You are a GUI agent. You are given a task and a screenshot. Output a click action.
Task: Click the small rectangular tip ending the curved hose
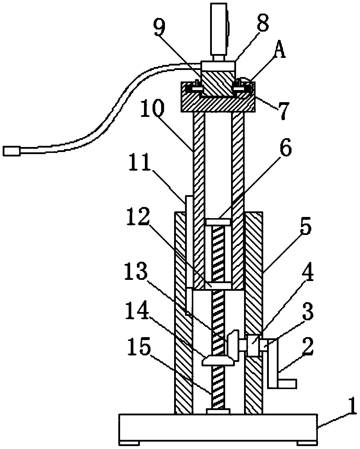point(12,151)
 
